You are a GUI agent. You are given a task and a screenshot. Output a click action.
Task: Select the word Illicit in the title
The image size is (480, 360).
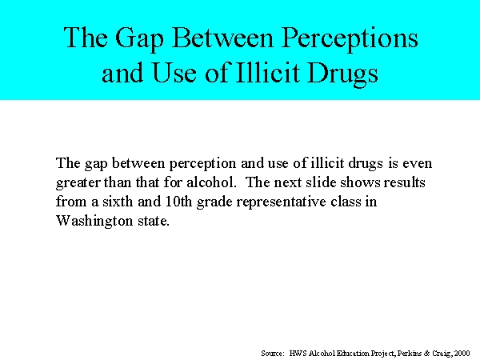(x=268, y=73)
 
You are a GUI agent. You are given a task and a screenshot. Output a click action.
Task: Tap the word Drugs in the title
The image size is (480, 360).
(x=342, y=74)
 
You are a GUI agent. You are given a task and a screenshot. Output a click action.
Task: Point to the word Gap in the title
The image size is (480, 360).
(x=139, y=39)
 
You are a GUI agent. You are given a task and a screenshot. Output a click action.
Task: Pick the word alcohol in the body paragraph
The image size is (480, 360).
(x=211, y=182)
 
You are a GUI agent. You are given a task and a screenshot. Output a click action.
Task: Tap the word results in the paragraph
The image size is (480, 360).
(x=404, y=182)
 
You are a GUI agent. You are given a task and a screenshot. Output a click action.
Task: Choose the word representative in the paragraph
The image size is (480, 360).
(x=281, y=202)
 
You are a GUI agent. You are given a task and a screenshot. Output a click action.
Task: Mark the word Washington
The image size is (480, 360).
(x=94, y=222)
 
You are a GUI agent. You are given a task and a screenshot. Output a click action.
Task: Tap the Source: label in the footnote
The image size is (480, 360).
(x=273, y=354)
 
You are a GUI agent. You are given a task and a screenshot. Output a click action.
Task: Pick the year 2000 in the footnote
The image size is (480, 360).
(x=462, y=354)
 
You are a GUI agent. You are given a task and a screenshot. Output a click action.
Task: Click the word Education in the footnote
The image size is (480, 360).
(x=353, y=354)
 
